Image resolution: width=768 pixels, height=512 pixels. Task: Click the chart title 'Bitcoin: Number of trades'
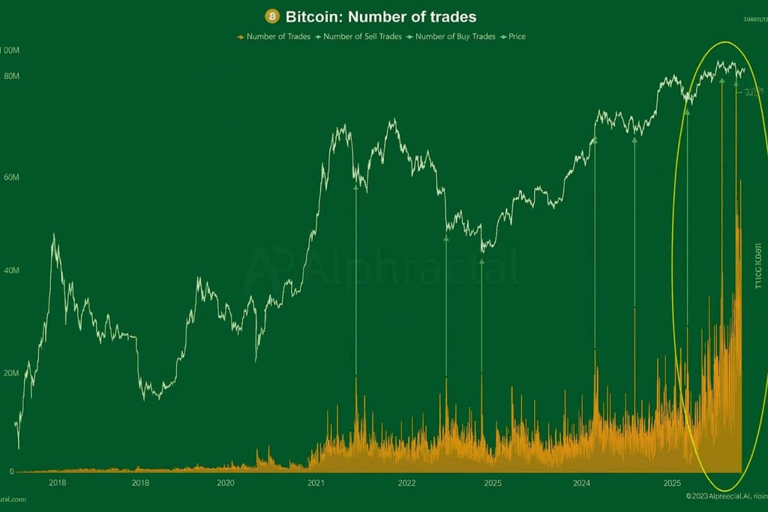381,16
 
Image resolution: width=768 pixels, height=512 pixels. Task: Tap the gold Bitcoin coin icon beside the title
272,16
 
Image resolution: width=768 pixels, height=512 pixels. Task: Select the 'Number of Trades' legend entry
274,37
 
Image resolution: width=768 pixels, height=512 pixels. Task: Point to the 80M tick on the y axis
11,76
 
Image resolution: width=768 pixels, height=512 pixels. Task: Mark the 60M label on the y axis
11,178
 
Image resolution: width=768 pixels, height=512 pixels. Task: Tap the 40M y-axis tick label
11,271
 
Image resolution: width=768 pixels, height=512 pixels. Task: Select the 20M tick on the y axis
11,373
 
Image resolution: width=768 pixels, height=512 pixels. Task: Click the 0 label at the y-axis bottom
11,472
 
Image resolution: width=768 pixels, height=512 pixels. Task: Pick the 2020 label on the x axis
226,483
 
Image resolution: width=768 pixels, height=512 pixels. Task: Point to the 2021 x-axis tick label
316,483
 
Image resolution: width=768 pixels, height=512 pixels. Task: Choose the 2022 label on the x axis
407,483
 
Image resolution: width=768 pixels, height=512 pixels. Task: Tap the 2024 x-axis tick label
581,483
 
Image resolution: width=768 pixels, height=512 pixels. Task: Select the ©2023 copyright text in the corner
726,496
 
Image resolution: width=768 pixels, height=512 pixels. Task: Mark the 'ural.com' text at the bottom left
13,499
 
